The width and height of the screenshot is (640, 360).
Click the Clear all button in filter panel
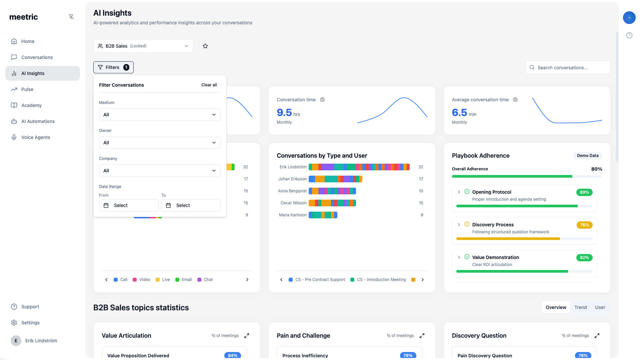tap(209, 85)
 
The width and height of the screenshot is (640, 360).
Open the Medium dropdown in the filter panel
tap(160, 115)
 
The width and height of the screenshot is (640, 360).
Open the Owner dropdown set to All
tap(160, 143)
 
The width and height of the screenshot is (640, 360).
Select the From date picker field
tap(129, 205)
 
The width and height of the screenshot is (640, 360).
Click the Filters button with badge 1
tap(113, 67)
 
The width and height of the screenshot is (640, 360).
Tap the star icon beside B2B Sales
tap(205, 46)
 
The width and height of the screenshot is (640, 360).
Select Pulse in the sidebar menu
tap(27, 89)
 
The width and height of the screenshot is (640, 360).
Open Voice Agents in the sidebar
tap(36, 137)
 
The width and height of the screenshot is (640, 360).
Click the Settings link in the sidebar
tap(30, 323)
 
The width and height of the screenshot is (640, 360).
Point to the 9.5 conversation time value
tap(284, 113)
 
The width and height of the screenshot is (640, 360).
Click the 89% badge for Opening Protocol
tap(584, 192)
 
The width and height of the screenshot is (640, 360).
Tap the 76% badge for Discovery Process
tap(584, 225)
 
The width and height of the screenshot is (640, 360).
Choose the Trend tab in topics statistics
tap(580, 307)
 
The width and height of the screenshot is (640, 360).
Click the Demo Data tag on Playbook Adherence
tap(587, 156)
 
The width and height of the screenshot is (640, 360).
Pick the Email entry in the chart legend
tap(186, 280)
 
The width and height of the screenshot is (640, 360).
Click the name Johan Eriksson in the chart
tap(292, 179)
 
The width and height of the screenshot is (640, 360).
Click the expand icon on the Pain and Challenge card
tap(422, 336)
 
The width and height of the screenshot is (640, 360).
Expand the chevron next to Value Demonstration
tap(459, 257)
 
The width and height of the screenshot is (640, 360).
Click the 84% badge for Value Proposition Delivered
tap(233, 355)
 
